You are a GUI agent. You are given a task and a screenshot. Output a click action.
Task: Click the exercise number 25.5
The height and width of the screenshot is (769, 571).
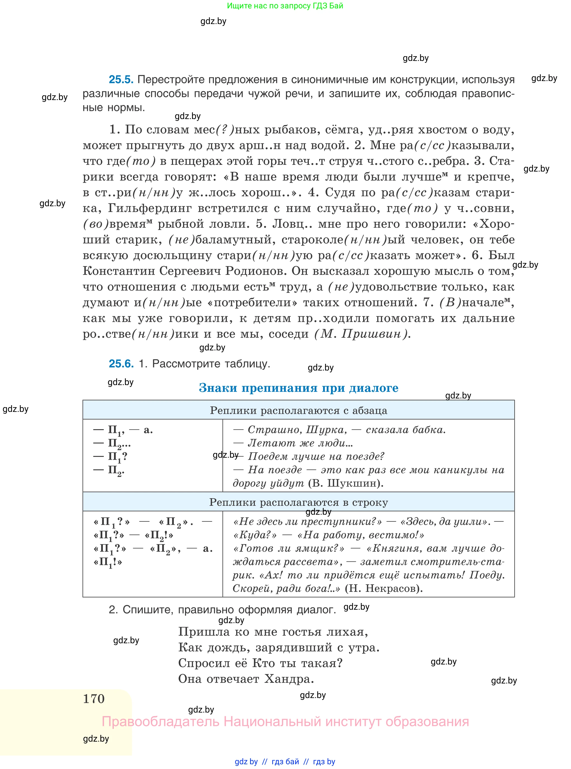click(x=121, y=79)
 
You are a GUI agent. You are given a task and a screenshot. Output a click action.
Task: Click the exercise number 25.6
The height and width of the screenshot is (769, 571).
click(x=121, y=364)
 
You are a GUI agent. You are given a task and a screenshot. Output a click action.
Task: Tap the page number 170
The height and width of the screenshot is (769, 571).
click(x=94, y=699)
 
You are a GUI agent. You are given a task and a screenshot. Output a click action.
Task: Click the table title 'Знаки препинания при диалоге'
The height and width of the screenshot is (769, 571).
click(x=298, y=388)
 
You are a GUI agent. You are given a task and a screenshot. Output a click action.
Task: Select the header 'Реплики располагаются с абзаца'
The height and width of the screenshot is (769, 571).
click(x=298, y=410)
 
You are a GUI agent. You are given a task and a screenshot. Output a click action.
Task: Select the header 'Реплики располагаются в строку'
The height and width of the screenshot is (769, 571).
click(x=298, y=502)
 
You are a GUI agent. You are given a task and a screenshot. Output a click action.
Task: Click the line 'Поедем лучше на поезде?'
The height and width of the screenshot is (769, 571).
click(x=316, y=456)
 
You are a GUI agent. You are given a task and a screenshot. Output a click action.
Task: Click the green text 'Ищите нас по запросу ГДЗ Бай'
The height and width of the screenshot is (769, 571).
click(x=285, y=6)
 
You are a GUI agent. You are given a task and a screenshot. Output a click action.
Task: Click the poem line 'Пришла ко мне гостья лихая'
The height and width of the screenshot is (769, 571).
click(x=273, y=632)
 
